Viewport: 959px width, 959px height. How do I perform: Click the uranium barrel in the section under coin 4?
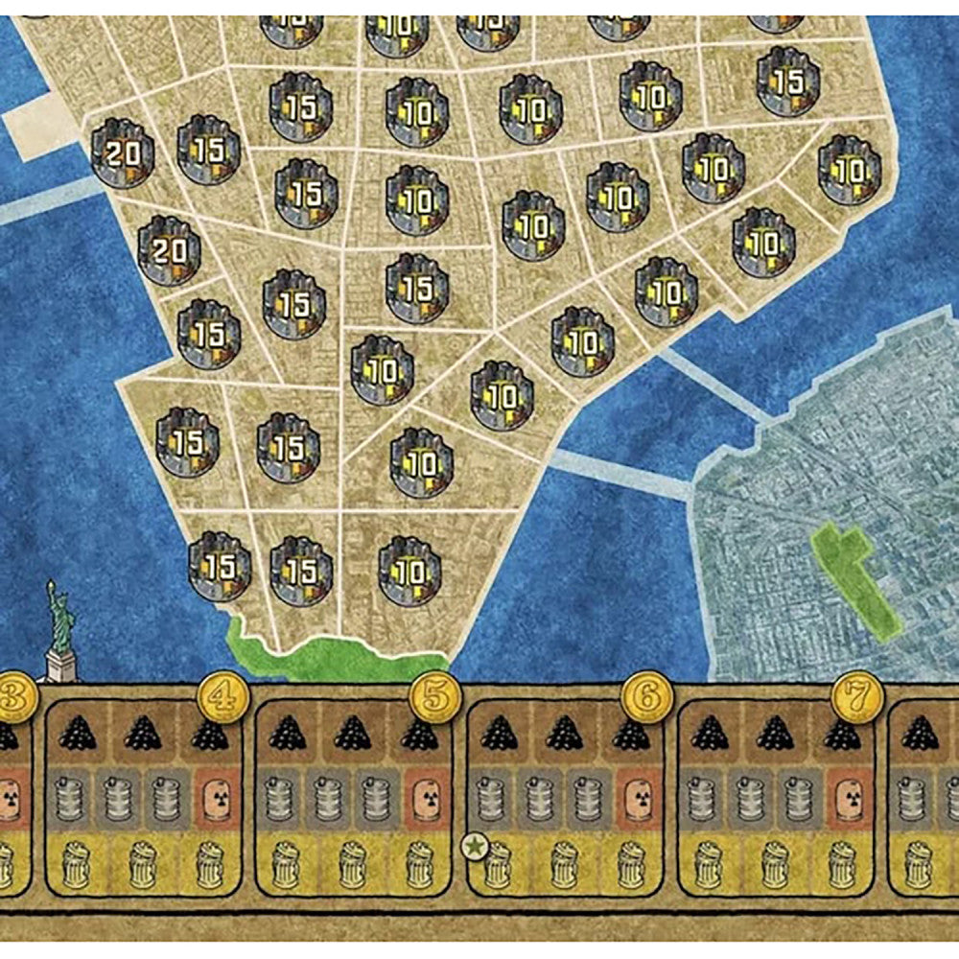tap(215, 797)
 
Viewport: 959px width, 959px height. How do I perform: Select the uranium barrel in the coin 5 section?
tap(425, 797)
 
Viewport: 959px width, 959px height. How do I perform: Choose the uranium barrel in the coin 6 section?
tap(636, 797)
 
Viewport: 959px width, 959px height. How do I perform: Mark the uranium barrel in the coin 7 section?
tap(847, 797)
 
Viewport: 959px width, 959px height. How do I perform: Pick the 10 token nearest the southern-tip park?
tap(409, 570)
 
